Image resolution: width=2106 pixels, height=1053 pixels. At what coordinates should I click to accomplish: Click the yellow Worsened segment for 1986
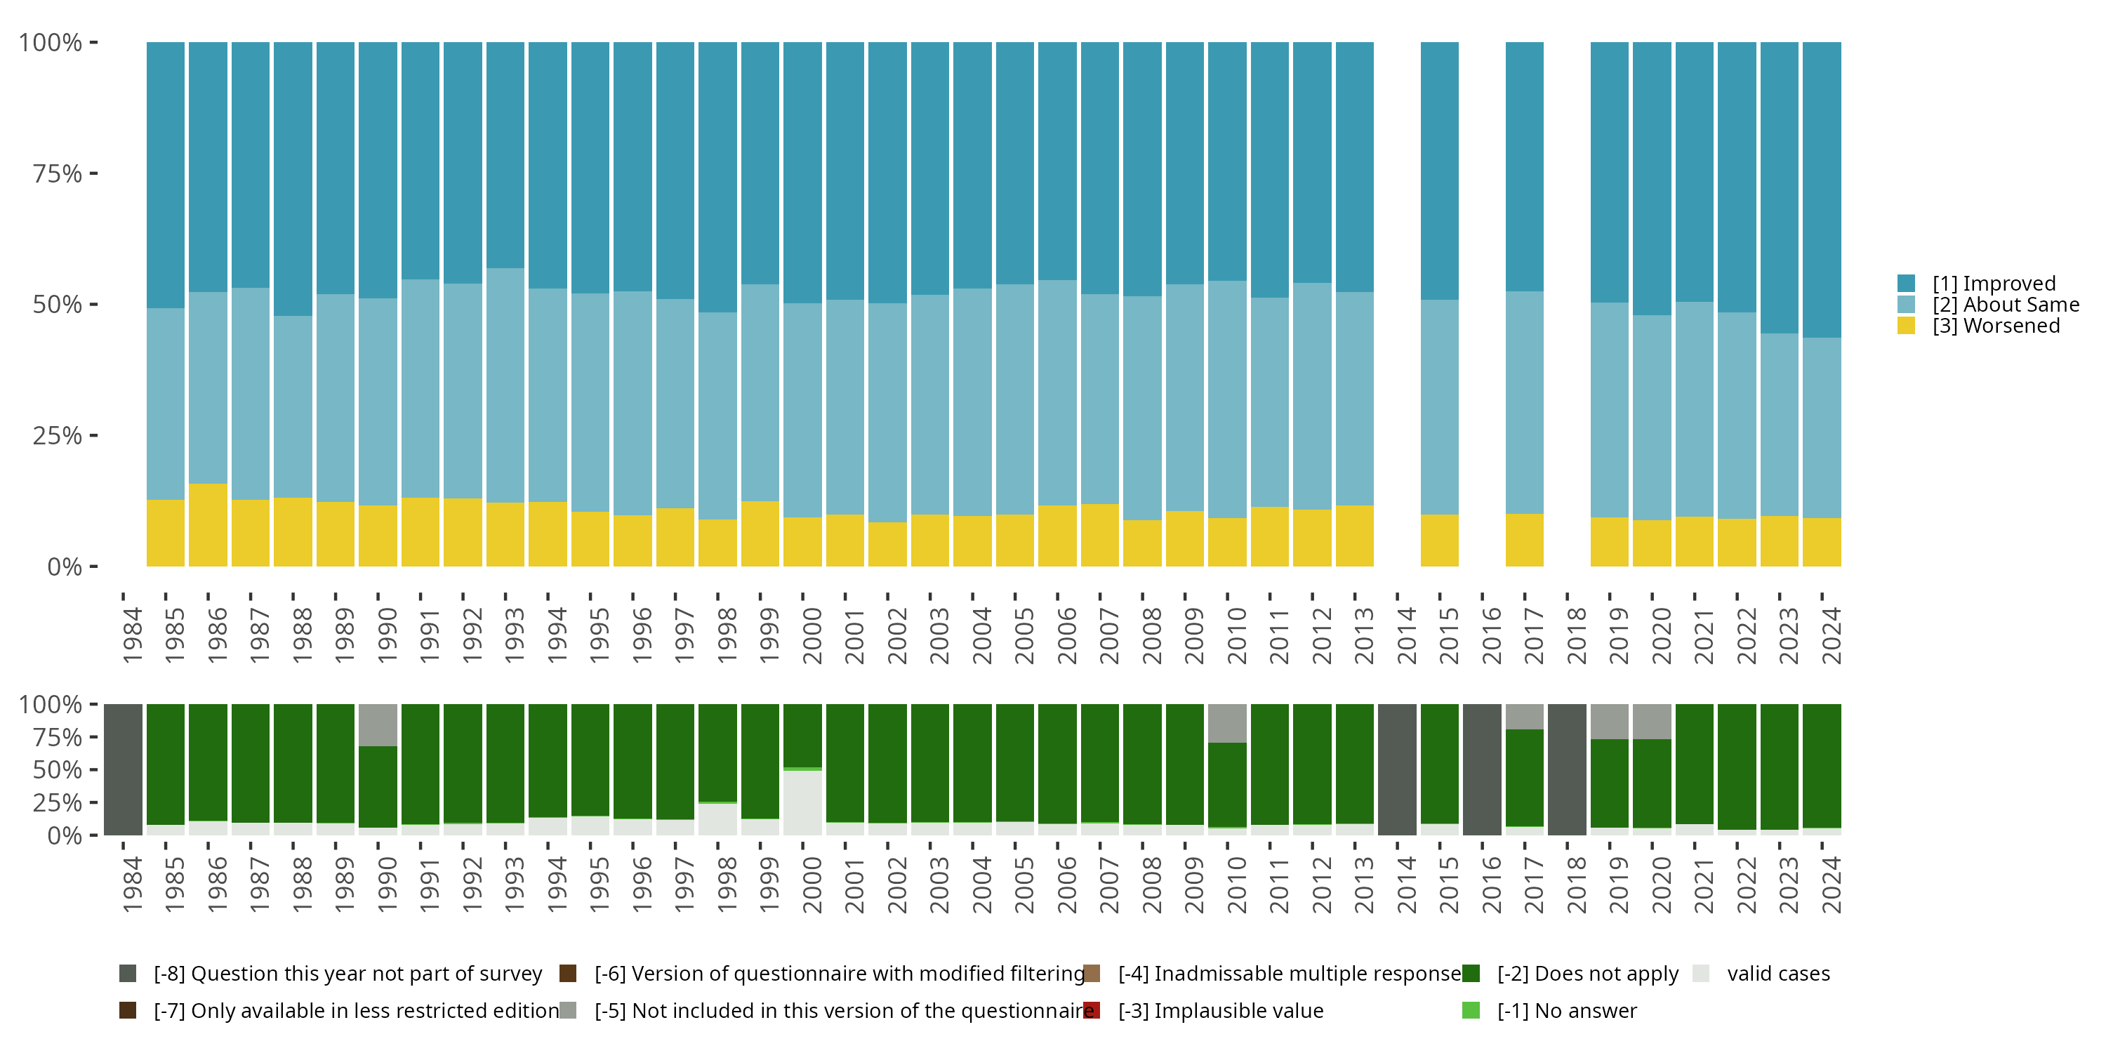click(x=208, y=525)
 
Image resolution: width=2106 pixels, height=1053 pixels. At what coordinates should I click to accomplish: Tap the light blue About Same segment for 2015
click(x=1440, y=407)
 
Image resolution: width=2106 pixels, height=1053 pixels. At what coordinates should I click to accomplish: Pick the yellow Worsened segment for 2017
click(x=1525, y=541)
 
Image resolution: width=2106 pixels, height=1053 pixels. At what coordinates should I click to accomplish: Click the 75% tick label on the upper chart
click(x=58, y=173)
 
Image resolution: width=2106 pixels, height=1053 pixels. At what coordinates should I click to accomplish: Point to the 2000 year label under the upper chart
click(x=812, y=635)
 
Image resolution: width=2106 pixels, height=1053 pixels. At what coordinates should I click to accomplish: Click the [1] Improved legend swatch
click(x=1906, y=284)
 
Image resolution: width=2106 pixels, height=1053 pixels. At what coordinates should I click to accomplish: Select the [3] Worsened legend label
click(x=1996, y=326)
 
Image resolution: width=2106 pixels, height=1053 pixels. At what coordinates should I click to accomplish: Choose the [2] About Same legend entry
click(x=2006, y=305)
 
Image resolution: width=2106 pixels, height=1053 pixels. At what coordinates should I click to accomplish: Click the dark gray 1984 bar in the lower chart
click(x=124, y=769)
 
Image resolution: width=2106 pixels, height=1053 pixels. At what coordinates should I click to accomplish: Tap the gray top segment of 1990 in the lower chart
click(x=378, y=724)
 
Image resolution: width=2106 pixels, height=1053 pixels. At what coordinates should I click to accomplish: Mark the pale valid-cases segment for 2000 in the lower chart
click(x=802, y=803)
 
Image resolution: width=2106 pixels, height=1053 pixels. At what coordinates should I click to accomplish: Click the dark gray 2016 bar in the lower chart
click(x=1482, y=769)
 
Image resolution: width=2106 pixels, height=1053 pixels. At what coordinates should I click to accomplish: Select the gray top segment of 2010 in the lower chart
click(x=1227, y=723)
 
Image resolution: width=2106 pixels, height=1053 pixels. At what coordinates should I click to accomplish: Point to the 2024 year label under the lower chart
click(x=1832, y=885)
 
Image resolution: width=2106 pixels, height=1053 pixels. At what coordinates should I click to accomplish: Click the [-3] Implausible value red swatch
click(x=1092, y=1010)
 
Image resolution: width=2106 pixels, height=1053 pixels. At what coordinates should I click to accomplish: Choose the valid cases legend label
click(x=1778, y=974)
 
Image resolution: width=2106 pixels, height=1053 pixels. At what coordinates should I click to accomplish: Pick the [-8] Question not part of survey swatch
click(x=128, y=974)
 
